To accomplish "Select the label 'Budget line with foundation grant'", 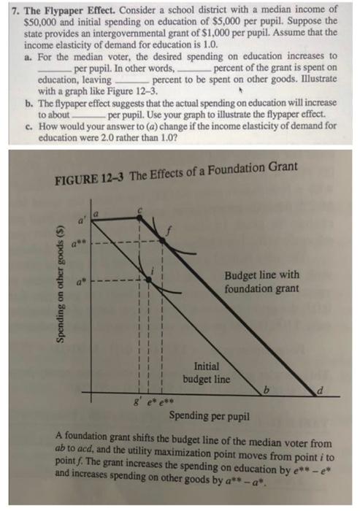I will [261, 282].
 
